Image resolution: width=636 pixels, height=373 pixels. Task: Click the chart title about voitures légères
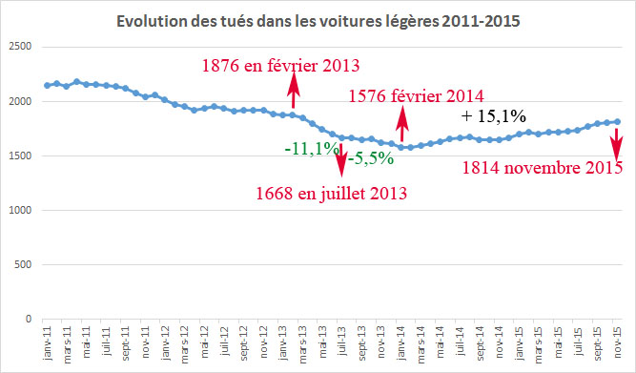point(319,21)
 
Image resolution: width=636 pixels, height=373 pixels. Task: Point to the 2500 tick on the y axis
point(20,47)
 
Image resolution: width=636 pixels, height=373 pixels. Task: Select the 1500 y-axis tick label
point(20,155)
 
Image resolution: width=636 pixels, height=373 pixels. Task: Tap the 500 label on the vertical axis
point(23,265)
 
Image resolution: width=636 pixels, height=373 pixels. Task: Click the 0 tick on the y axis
point(30,320)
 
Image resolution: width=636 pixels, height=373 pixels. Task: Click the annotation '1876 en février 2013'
point(280,66)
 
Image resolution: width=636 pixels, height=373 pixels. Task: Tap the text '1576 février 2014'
point(417,95)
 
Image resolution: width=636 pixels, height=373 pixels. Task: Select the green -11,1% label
point(312,149)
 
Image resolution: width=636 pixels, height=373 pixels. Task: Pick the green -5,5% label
point(370,158)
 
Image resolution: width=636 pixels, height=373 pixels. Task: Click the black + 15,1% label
point(494,116)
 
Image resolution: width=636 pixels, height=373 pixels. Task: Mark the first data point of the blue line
point(47,85)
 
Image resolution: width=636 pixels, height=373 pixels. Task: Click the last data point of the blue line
point(617,121)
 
